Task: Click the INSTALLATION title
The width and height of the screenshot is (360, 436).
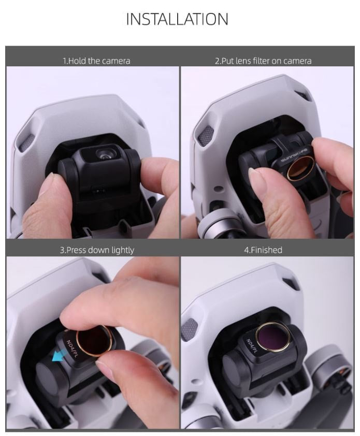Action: tap(177, 19)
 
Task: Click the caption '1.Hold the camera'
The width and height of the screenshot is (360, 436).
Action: tap(96, 61)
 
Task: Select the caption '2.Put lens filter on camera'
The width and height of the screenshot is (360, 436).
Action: tap(263, 61)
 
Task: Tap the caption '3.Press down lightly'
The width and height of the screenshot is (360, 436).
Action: tap(97, 250)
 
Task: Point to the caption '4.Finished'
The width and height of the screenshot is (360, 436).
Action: tap(263, 250)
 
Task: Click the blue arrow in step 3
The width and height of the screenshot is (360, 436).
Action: tap(60, 356)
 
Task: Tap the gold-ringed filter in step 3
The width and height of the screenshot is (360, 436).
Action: tap(94, 341)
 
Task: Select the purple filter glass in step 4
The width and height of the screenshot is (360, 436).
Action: tap(273, 337)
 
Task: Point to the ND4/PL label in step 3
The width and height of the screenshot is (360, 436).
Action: tap(72, 348)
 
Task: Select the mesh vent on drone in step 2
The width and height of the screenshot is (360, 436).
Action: tap(205, 136)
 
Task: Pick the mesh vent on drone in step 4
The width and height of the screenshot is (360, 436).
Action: tap(189, 329)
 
